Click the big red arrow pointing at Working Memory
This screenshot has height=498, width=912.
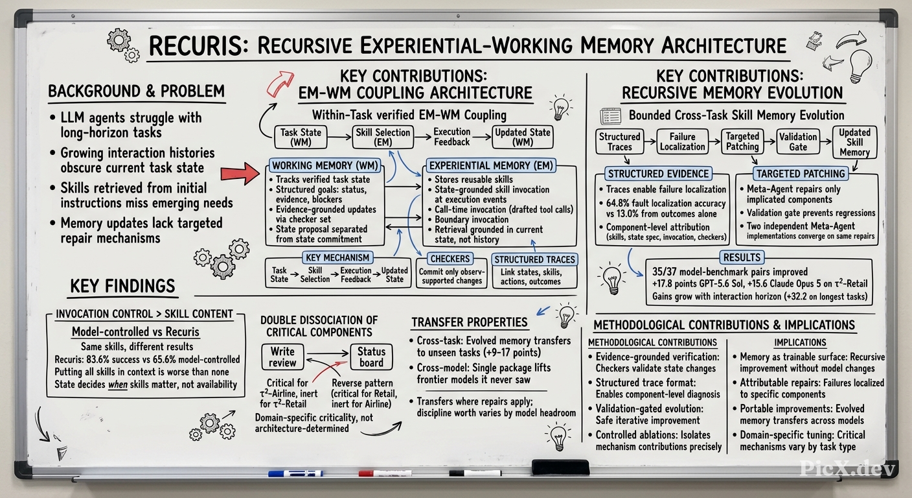tap(240, 174)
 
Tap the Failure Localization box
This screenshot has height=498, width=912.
tap(682, 141)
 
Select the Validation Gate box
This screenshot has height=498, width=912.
tap(798, 141)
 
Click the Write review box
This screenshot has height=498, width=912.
tap(282, 357)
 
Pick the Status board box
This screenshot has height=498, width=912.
tap(371, 357)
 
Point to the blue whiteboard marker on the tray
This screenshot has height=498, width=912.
tap(295, 473)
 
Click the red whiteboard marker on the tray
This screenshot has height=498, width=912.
tap(385, 473)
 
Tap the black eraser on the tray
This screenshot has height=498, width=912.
tap(560, 467)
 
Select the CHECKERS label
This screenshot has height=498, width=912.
tap(450, 258)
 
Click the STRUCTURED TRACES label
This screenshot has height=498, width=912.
tap(534, 259)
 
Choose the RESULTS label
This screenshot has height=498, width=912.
tap(742, 257)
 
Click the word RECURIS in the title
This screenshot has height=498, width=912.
tap(198, 46)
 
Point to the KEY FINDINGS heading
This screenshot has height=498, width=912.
tap(122, 286)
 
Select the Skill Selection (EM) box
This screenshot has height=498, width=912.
tap(383, 137)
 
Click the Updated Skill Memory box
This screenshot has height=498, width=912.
tap(854, 142)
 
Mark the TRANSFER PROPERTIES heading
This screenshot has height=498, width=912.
tap(470, 322)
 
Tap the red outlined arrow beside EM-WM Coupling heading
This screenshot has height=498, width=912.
tap(280, 83)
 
